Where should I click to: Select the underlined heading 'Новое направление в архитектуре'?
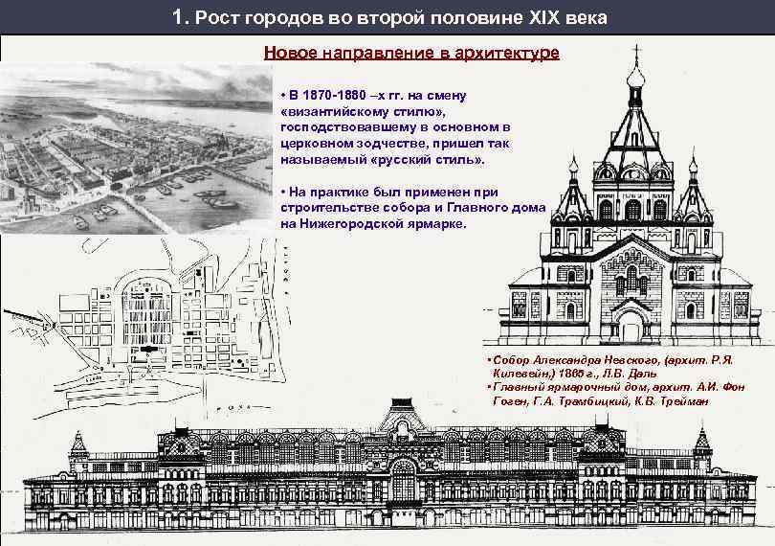[411, 54]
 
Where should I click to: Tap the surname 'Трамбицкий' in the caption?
[584, 401]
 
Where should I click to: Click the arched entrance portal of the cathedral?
[632, 316]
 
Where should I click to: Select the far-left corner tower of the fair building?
[78, 446]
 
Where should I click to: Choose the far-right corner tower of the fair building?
[704, 446]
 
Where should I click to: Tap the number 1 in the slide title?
[180, 18]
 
